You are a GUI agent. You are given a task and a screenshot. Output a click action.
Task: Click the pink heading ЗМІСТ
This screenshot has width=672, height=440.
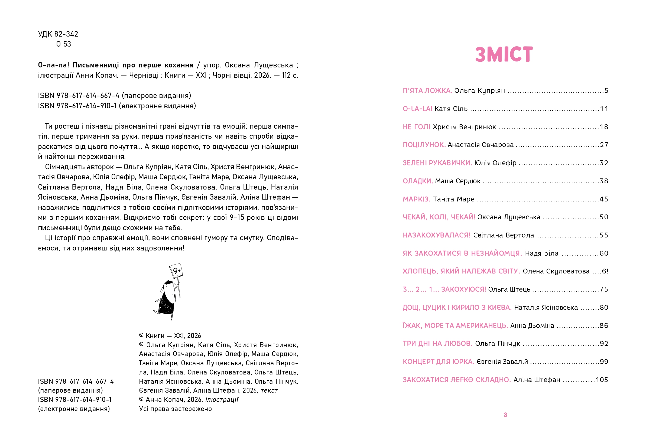[x=504, y=54]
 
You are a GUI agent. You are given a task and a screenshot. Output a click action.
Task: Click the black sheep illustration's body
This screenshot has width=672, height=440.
[x=167, y=304]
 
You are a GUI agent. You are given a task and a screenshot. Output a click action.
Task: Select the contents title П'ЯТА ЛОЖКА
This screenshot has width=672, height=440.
[x=427, y=91]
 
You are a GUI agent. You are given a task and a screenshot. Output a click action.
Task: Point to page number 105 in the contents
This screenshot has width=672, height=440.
[x=602, y=380]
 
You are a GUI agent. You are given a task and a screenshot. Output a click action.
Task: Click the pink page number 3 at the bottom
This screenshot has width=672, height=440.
[x=505, y=415]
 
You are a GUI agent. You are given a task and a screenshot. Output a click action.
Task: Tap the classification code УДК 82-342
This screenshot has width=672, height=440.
[x=58, y=34]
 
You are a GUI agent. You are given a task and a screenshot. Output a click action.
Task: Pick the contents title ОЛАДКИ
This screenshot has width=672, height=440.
[x=418, y=181]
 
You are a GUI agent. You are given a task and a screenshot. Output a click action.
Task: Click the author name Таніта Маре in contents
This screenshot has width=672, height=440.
[x=454, y=199]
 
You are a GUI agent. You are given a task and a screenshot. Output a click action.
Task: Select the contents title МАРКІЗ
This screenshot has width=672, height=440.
[x=417, y=199]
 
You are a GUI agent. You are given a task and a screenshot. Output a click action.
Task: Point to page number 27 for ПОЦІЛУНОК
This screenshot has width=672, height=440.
[x=604, y=145]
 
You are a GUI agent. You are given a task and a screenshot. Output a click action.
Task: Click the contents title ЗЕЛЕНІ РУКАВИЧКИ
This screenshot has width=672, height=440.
[x=437, y=163]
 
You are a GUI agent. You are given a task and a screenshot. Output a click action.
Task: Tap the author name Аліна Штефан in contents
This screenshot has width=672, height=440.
[x=537, y=380]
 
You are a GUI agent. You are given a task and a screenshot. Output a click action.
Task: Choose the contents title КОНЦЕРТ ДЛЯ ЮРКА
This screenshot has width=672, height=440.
[x=438, y=361]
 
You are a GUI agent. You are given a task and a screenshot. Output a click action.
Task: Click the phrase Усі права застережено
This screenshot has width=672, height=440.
[x=175, y=409]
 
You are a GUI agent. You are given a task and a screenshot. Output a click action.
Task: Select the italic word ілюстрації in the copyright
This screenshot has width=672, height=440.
[x=222, y=399]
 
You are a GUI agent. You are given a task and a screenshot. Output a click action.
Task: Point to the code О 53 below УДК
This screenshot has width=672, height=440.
[x=64, y=44]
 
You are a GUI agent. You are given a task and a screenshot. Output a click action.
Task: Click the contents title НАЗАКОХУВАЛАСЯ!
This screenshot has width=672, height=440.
[x=436, y=235]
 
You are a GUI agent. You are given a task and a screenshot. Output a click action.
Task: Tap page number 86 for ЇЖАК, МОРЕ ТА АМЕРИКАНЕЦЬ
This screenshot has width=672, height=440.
[x=604, y=325]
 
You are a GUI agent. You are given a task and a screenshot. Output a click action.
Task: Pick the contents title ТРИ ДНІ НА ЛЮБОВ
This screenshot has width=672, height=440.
[x=437, y=344]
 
